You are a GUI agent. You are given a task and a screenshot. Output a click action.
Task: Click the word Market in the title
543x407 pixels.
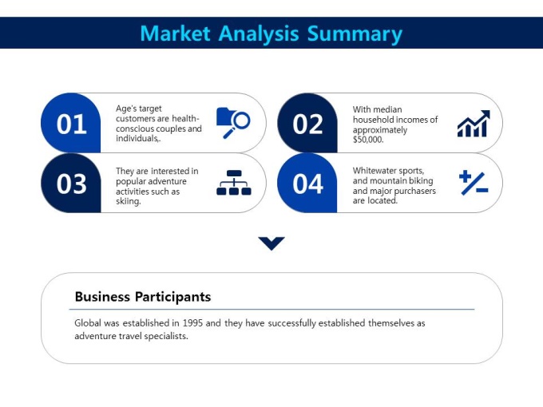click(x=175, y=34)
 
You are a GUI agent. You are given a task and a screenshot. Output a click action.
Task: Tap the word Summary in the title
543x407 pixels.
click(x=355, y=34)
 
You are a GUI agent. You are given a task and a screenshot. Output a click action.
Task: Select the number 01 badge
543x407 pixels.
click(x=71, y=123)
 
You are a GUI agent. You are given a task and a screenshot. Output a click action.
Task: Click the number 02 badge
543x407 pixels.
click(x=307, y=123)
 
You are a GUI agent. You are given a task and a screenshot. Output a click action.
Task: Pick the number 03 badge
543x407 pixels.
click(x=71, y=183)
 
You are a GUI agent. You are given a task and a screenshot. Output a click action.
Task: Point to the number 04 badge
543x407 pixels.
click(x=307, y=183)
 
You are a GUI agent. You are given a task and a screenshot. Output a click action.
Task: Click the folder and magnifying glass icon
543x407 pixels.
click(x=233, y=123)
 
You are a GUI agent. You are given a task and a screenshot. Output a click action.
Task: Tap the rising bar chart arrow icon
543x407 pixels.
click(x=474, y=124)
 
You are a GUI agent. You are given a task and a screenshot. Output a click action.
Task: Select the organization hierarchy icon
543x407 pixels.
click(x=234, y=183)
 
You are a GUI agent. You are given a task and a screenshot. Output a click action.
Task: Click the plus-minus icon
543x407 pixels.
click(x=474, y=183)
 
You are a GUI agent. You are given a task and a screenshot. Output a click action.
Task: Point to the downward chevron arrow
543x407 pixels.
click(x=271, y=243)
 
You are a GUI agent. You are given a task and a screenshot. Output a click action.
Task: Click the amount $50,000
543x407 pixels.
click(x=368, y=140)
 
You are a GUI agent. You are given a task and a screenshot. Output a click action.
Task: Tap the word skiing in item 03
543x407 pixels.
click(x=128, y=201)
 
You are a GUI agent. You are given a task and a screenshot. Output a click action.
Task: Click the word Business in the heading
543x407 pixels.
click(x=102, y=297)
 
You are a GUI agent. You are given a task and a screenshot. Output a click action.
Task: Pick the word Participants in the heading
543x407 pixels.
click(x=172, y=298)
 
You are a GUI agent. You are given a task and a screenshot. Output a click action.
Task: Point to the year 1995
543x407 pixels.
click(x=192, y=323)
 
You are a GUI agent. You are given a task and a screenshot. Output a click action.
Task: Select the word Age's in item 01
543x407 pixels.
click(x=126, y=109)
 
